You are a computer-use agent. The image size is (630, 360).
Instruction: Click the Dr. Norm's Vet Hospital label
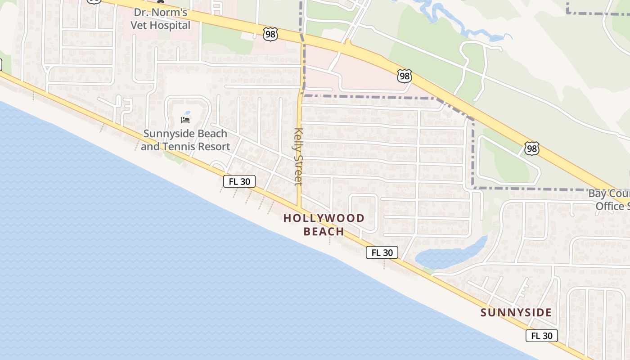tap(161, 19)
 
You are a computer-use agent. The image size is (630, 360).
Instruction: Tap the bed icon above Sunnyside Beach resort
tap(185, 120)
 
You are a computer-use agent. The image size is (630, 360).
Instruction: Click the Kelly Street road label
tap(298, 157)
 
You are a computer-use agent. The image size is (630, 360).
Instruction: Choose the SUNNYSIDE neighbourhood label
tap(516, 312)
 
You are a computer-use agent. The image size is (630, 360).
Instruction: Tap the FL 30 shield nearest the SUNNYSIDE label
tap(542, 336)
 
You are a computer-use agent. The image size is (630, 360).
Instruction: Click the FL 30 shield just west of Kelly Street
tap(239, 181)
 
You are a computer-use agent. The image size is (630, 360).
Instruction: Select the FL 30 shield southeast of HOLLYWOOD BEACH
tap(382, 252)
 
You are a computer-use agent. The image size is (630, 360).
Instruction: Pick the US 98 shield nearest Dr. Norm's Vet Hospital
tap(270, 34)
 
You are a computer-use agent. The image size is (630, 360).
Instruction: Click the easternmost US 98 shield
tap(531, 148)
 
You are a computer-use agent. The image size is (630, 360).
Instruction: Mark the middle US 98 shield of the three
tap(405, 76)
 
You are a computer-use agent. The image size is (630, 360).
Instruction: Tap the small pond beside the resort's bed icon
tap(187, 113)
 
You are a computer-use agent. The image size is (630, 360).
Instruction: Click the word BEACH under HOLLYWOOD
tap(324, 231)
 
